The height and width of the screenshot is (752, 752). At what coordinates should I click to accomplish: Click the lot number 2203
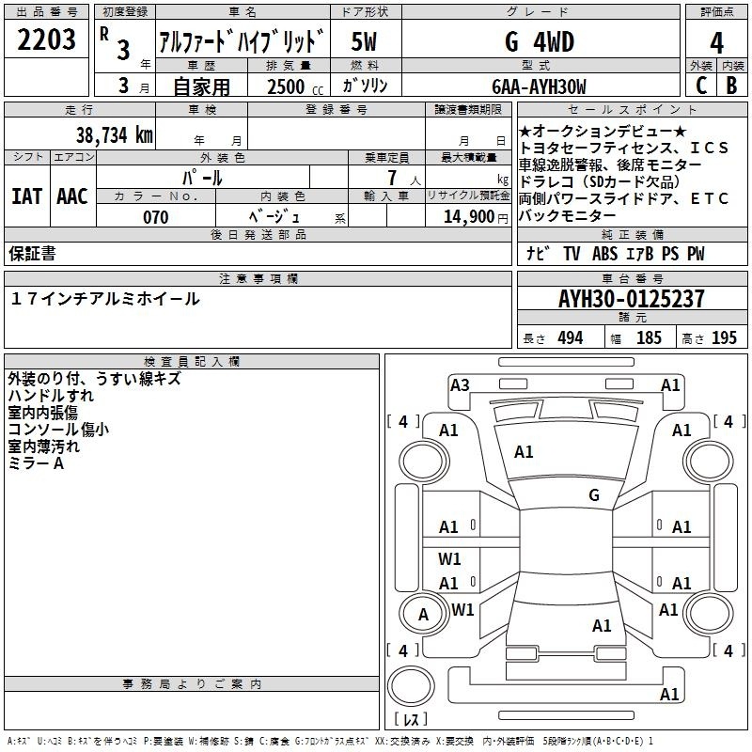pyautogui.click(x=46, y=39)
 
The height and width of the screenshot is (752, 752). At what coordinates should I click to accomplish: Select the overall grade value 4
pyautogui.click(x=716, y=42)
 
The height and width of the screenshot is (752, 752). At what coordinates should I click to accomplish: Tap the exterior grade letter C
pyautogui.click(x=701, y=86)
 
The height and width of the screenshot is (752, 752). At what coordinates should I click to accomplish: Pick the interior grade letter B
pyautogui.click(x=731, y=86)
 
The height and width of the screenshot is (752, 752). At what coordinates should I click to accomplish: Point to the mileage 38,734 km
pyautogui.click(x=114, y=135)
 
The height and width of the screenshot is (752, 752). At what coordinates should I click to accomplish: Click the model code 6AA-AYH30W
pyautogui.click(x=539, y=86)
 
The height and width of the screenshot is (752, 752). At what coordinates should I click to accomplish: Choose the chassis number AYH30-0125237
pyautogui.click(x=632, y=299)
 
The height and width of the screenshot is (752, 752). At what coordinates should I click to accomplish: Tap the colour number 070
pyautogui.click(x=156, y=217)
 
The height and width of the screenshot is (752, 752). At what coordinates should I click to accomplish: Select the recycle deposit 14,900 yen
pyautogui.click(x=476, y=217)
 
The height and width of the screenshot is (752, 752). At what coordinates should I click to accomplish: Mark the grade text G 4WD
pyautogui.click(x=540, y=42)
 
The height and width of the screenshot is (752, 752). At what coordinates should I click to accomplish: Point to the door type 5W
pyautogui.click(x=364, y=42)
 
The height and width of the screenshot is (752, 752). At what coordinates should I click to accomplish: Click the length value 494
pyautogui.click(x=571, y=338)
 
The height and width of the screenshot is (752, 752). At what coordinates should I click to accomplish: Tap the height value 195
pyautogui.click(x=724, y=338)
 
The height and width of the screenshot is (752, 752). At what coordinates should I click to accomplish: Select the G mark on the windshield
pyautogui.click(x=594, y=495)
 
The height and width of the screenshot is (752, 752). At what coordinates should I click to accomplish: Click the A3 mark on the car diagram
pyautogui.click(x=460, y=385)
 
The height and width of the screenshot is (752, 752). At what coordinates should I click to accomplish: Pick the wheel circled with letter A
pyautogui.click(x=422, y=615)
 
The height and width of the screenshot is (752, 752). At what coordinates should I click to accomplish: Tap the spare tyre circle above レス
pyautogui.click(x=411, y=686)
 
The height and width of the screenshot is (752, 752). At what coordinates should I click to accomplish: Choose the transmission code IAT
pyautogui.click(x=27, y=196)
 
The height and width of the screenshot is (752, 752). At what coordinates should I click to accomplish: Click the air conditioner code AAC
pyautogui.click(x=72, y=196)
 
